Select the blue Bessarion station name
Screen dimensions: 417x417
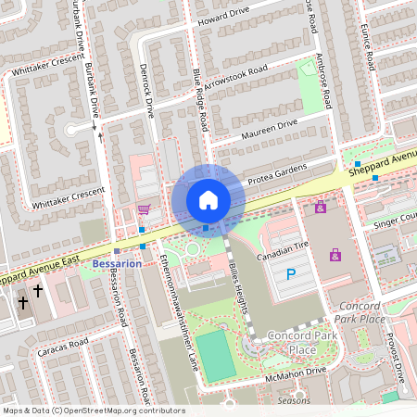[117, 263]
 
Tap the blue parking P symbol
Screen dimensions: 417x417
[290, 273]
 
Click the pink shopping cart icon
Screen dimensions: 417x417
[144, 208]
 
